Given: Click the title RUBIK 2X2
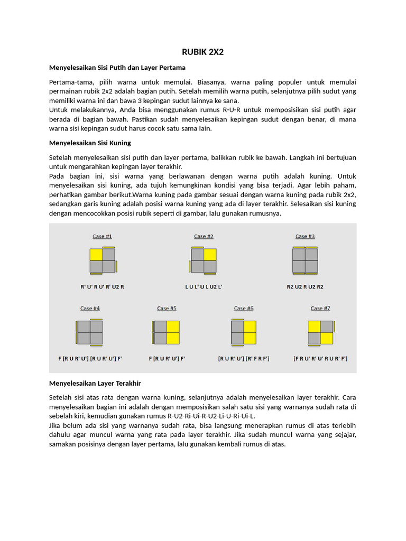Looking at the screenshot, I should tap(202, 52).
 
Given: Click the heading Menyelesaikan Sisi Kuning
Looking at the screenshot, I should tap(90, 143).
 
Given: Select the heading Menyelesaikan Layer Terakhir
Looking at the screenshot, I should tap(95, 383).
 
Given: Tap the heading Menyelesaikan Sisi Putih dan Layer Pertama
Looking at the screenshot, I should tap(117, 68).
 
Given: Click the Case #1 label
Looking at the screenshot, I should tap(103, 236).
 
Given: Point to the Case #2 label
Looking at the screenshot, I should tap(204, 236).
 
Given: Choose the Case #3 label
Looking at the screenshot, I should tap(305, 236).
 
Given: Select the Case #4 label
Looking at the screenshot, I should tap(90, 308).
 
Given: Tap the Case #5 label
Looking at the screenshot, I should tap(167, 308).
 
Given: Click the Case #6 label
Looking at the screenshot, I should tap(244, 308).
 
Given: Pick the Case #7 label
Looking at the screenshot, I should tap(320, 308).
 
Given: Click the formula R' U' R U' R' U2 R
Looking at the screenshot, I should tap(102, 287).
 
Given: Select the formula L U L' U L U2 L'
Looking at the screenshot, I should tap(204, 287).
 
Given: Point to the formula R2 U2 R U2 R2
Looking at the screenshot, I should tap(305, 287).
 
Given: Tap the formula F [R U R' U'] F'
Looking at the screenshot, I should tap(167, 358).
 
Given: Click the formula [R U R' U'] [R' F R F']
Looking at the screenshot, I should tap(244, 358).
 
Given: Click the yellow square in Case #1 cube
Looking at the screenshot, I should tap(96, 255).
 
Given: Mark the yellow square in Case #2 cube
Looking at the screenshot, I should tap(210, 255).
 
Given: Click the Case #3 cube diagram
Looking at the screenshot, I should tap(305, 260).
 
